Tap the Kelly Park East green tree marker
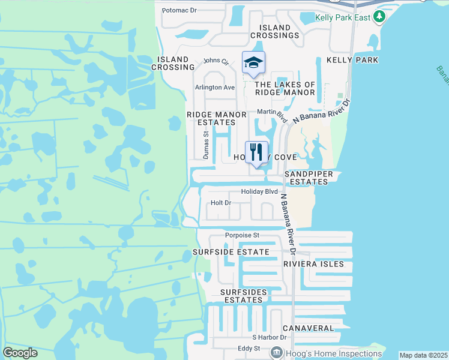click(x=378, y=17)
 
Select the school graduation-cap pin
click(x=254, y=63)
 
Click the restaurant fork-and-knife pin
click(x=257, y=152)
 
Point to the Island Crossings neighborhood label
click(x=279, y=31)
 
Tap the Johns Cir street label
click(x=216, y=61)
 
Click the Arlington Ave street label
click(x=214, y=87)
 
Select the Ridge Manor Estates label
click(x=217, y=118)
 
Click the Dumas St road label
click(x=205, y=146)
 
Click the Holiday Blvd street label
click(x=259, y=191)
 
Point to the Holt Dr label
click(x=221, y=203)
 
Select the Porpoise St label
click(x=242, y=235)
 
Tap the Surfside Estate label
click(x=231, y=252)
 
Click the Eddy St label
click(x=248, y=348)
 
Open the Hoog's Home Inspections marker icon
click(x=277, y=353)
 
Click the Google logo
click(x=20, y=353)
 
